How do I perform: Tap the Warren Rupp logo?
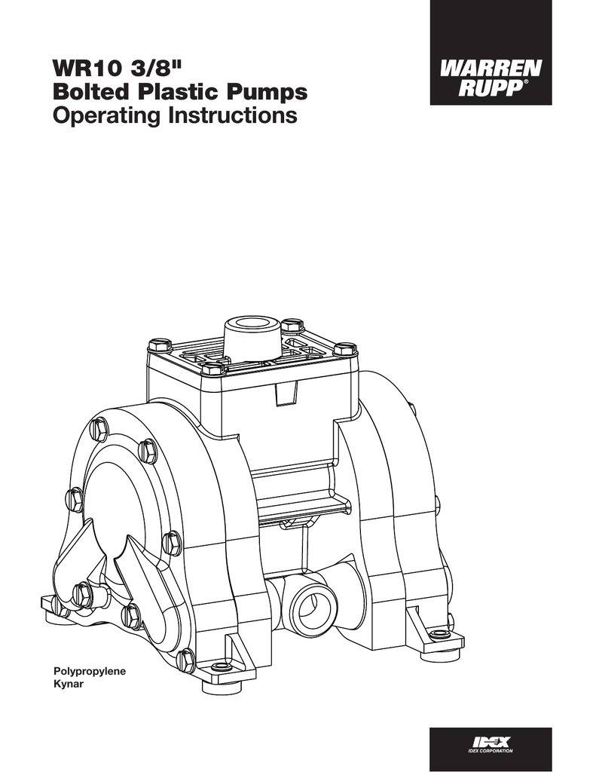490,74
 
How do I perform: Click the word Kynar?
67,682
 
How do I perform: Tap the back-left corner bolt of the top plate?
160,345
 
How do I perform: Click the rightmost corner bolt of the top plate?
344,349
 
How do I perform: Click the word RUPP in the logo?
487,88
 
